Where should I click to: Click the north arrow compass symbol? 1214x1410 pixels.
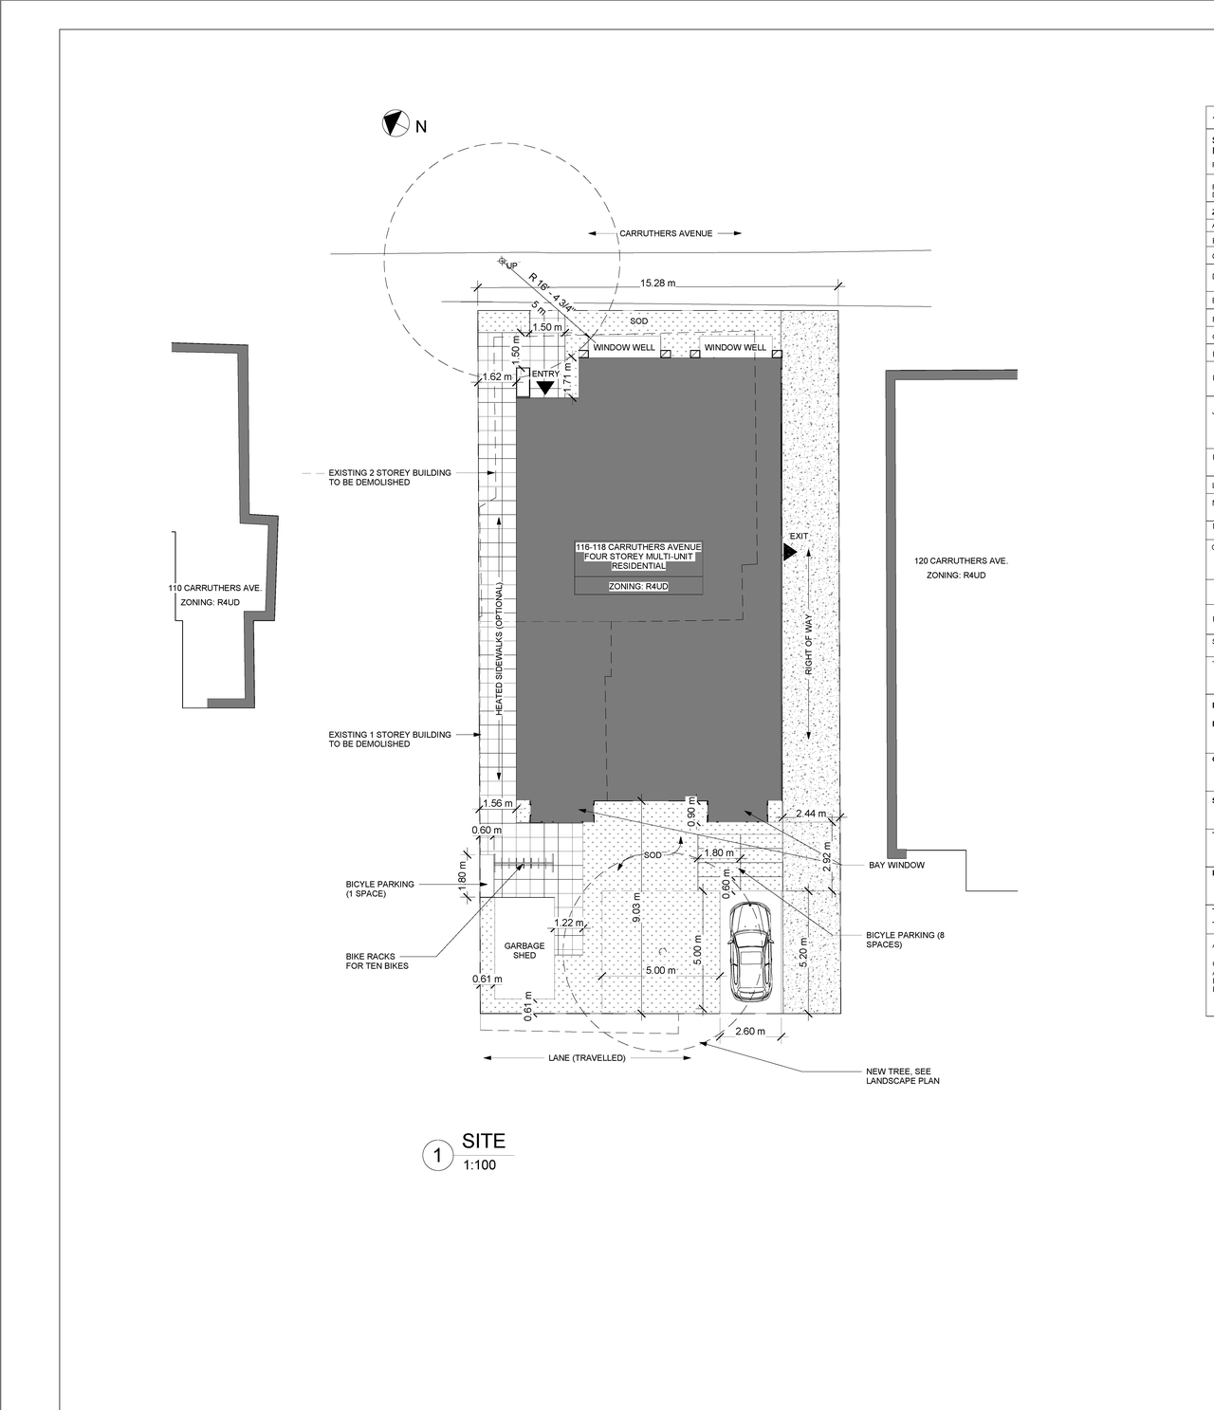coord(394,123)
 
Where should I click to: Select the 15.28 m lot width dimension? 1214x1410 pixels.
coord(657,284)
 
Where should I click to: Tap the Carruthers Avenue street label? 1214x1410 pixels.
coord(666,233)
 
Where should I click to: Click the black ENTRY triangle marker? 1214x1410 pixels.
coord(544,387)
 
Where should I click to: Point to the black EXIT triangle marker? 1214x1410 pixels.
coord(790,549)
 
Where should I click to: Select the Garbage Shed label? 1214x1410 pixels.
coord(524,950)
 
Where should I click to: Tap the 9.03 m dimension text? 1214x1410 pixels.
coord(636,907)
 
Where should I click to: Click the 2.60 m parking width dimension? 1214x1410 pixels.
coord(749,1031)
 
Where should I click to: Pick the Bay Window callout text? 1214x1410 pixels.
coord(896,865)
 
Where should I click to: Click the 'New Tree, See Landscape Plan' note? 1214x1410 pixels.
coord(902,1076)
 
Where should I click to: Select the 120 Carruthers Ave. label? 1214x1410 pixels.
coord(961,561)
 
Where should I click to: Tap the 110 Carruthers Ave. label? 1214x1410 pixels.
coord(215,589)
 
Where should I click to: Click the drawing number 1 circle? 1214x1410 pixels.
coord(437,1156)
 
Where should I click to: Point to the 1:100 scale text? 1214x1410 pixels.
coord(479,1165)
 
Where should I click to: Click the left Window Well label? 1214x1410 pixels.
coord(623,348)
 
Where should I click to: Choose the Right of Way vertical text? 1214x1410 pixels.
coord(809,645)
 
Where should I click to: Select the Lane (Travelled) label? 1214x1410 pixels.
coord(586,1057)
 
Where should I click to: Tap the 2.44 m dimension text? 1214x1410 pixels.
coord(810,814)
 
